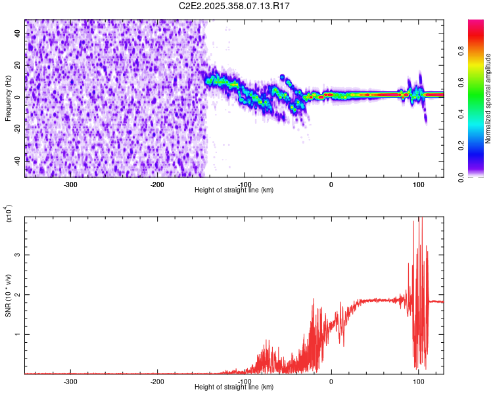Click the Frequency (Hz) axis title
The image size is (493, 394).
coord(8,98)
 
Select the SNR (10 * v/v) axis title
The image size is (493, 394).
coord(8,295)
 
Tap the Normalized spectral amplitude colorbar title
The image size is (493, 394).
coord(488,98)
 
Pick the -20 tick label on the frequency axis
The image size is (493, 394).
coord(16,129)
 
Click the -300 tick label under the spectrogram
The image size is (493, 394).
coord(70,184)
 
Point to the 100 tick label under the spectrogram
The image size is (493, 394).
coord(418,184)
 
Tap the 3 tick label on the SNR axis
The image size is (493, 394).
coord(19,255)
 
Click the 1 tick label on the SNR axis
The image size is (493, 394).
coord(19,334)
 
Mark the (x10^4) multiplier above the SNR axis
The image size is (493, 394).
coord(9,213)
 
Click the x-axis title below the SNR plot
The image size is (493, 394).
coord(234,387)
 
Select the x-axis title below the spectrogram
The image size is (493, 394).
coord(234,190)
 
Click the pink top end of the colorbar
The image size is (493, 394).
coord(476,22)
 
